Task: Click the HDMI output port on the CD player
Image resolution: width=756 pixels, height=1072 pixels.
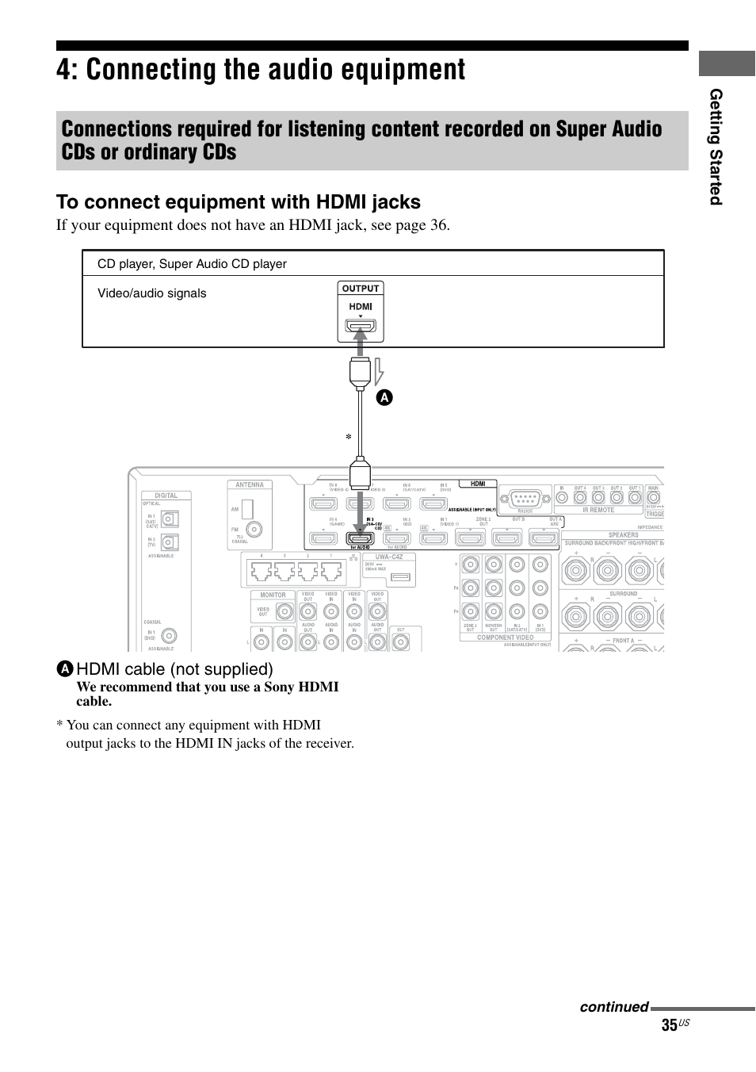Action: click(x=361, y=325)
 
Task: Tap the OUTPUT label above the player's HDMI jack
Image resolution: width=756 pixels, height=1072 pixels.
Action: click(x=361, y=289)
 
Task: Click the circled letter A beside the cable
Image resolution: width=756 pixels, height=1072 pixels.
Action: click(x=384, y=398)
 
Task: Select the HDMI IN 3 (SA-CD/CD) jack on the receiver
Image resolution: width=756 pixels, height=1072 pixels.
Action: click(x=361, y=538)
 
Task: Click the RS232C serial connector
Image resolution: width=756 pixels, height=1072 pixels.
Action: click(x=525, y=499)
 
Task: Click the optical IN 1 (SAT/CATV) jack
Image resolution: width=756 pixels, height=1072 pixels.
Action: click(x=170, y=519)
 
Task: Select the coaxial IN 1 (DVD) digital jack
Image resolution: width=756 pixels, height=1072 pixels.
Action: click(x=169, y=636)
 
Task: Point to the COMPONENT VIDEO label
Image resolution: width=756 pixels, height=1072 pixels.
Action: click(x=505, y=637)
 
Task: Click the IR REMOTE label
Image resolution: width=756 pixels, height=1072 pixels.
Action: click(x=598, y=510)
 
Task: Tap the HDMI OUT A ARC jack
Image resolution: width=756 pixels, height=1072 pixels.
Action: click(x=544, y=538)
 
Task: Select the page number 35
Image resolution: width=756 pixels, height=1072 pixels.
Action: click(x=670, y=1025)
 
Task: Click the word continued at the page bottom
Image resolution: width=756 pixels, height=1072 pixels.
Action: click(x=613, y=1007)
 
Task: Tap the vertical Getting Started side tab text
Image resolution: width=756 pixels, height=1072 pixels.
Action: click(x=716, y=147)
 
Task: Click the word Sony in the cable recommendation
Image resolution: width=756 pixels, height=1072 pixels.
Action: click(x=279, y=687)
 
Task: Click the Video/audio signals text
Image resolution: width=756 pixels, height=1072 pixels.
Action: click(x=151, y=293)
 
